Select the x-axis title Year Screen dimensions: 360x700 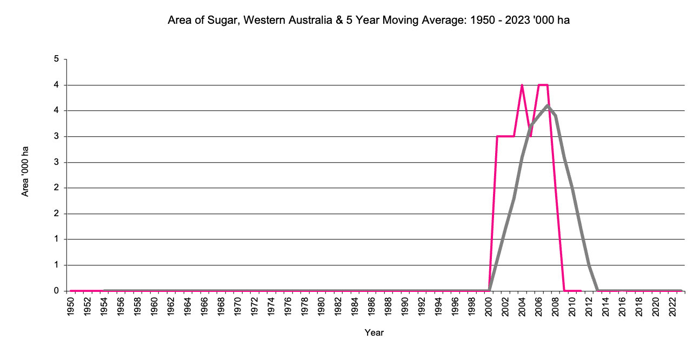(x=374, y=333)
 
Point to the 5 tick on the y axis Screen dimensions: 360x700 (x=56, y=59)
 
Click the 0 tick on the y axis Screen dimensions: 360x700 (x=56, y=291)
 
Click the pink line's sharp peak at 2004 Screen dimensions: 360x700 (x=522, y=85)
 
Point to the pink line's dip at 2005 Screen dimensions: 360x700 (x=530, y=136)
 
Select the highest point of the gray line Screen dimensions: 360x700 (x=548, y=105)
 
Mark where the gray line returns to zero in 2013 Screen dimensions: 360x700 (x=597, y=290)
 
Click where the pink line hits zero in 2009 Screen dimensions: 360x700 (x=564, y=291)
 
